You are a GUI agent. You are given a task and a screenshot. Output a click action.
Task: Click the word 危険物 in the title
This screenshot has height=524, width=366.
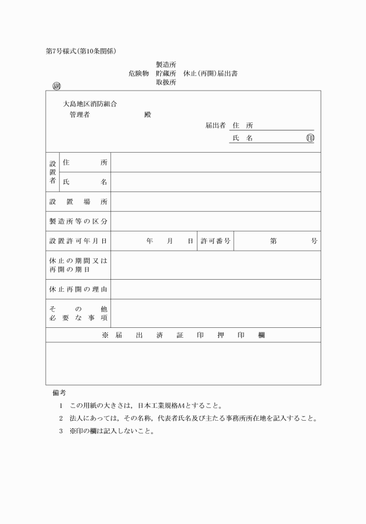(139, 74)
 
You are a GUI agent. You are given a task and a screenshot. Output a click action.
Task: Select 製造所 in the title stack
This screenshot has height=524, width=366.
(166, 64)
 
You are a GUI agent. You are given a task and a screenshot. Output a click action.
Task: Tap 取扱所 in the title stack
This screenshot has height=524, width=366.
(166, 83)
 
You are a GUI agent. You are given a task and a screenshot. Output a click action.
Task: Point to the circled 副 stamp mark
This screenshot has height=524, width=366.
(57, 87)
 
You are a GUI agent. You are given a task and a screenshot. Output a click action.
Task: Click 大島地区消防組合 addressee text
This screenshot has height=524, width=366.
(90, 104)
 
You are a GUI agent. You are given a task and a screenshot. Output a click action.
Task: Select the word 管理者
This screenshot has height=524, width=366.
(79, 114)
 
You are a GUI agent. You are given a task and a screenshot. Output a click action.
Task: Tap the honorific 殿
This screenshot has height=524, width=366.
(148, 114)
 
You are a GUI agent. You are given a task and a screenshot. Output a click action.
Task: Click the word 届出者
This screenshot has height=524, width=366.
(215, 125)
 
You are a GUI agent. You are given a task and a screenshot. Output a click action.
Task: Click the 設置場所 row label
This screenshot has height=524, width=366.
(78, 202)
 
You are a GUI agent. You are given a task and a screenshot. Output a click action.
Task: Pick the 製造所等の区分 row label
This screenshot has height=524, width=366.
(78, 222)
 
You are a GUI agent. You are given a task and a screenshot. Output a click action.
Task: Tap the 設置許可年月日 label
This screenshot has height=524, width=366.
(78, 241)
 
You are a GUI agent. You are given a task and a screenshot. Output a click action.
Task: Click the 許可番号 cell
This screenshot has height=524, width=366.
(216, 241)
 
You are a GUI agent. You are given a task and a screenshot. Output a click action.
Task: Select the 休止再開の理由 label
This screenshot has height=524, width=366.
(78, 289)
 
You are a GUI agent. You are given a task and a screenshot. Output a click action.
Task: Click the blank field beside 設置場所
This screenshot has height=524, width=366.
(215, 202)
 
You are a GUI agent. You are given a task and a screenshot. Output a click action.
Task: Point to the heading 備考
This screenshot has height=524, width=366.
(59, 393)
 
